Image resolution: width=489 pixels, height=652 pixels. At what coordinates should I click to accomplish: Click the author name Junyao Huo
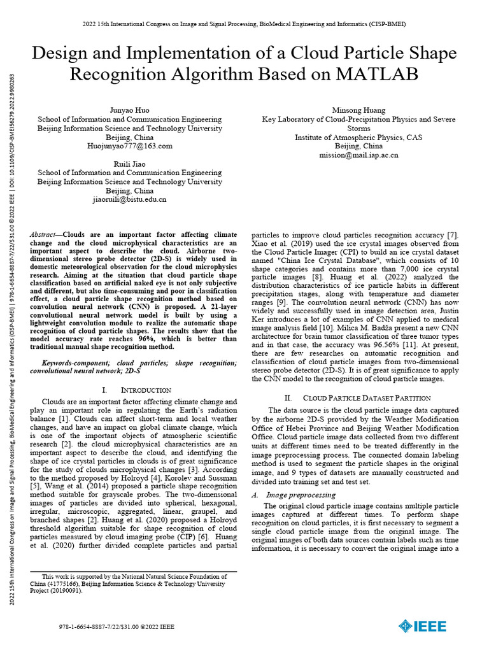[x=130, y=110]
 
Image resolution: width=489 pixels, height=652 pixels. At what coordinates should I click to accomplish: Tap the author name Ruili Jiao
[x=130, y=164]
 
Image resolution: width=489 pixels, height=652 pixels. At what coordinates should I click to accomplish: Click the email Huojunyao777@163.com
[x=130, y=146]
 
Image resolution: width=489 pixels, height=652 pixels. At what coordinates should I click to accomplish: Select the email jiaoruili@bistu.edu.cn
[x=130, y=199]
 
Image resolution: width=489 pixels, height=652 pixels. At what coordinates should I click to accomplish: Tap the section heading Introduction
[x=145, y=390]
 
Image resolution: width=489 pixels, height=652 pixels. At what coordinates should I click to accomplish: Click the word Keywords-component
[x=69, y=363]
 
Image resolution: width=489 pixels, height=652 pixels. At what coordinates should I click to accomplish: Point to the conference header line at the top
[x=244, y=24]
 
